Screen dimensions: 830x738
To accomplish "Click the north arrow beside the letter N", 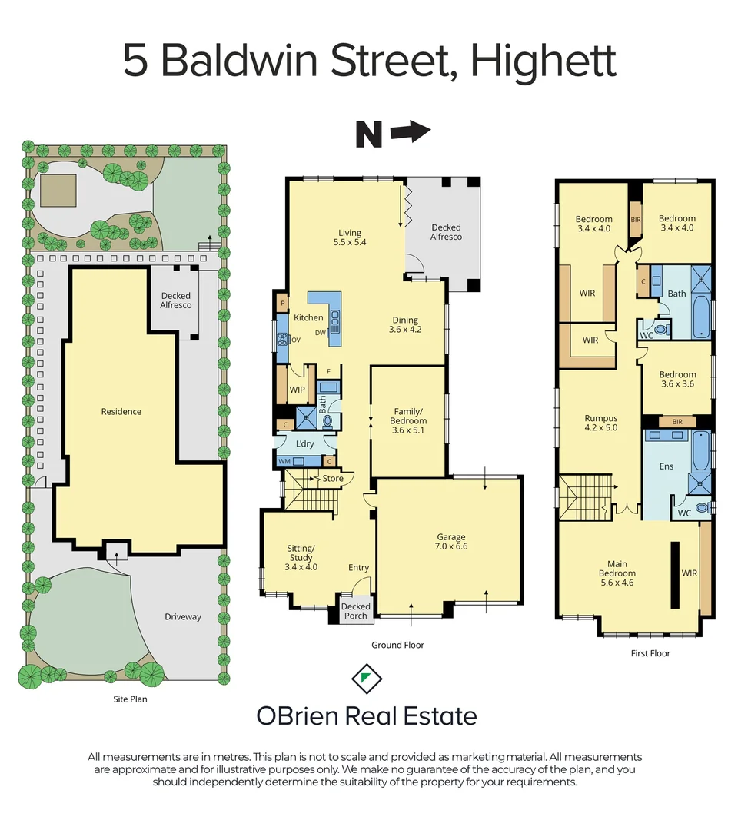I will (x=411, y=133).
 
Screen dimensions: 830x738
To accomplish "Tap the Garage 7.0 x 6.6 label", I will (x=451, y=542).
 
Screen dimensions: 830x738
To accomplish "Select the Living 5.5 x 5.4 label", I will (x=349, y=237).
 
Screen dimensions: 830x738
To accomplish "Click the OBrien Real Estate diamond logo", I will (x=367, y=679).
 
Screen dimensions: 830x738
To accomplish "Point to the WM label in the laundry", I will (x=284, y=461).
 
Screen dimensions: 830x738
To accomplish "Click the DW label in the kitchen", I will (x=320, y=332).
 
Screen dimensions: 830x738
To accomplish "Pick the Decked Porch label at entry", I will (x=355, y=611).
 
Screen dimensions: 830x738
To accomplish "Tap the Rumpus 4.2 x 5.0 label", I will (x=600, y=423).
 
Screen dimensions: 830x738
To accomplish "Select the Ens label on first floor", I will (x=667, y=466).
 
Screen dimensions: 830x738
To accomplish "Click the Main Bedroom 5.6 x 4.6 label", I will (x=617, y=568).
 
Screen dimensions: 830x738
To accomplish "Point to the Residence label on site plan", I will (x=121, y=412).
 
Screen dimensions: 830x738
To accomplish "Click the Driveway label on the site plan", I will (x=183, y=616).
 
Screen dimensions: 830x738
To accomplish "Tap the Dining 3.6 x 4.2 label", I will (x=405, y=325).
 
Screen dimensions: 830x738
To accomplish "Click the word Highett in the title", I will (x=544, y=61).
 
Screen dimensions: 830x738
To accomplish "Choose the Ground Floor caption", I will (x=397, y=645).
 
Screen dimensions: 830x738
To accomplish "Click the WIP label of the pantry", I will (x=298, y=390).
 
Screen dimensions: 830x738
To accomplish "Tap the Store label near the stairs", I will (x=332, y=479).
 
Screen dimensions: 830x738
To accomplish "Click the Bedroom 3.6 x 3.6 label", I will (x=677, y=380).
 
